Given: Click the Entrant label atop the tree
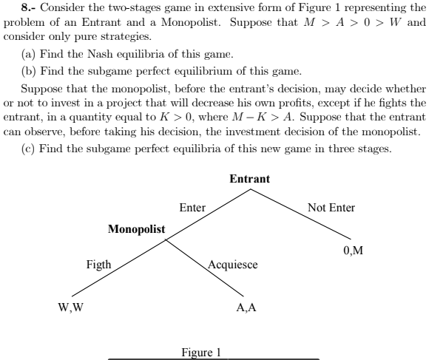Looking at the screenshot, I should tap(249, 180).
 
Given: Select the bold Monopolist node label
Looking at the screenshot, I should tap(137, 228).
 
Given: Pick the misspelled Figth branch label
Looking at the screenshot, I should tap(98, 264).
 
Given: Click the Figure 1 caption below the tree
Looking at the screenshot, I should tap(201, 351).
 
